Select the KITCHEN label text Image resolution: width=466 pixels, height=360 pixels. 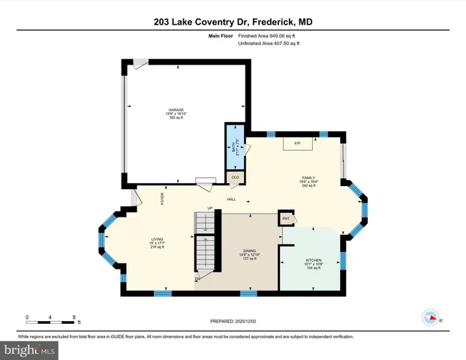313,260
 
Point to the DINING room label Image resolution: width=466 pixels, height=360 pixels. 250,251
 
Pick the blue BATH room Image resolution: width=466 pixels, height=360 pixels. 233,148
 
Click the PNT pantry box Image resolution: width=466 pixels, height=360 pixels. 285,218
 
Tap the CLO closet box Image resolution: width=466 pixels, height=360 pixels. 234,177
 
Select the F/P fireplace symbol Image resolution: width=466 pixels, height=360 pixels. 297,142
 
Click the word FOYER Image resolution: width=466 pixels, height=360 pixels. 161,198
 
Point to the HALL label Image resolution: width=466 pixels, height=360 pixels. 232,198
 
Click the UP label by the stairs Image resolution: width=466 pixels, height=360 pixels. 210,208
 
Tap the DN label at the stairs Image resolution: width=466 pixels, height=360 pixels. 198,278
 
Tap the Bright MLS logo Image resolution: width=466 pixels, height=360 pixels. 29,350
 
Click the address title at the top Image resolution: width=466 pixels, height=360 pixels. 233,22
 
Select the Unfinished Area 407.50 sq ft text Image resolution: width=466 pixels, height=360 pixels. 268,43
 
